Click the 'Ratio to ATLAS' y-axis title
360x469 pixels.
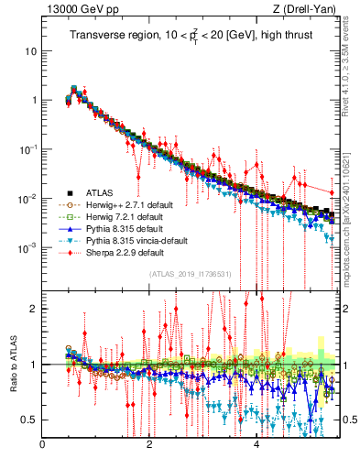pos(14,364)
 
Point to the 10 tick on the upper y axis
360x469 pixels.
pos(30,50)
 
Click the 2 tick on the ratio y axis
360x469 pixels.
pos(33,309)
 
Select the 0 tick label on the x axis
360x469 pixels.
pos(42,446)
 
